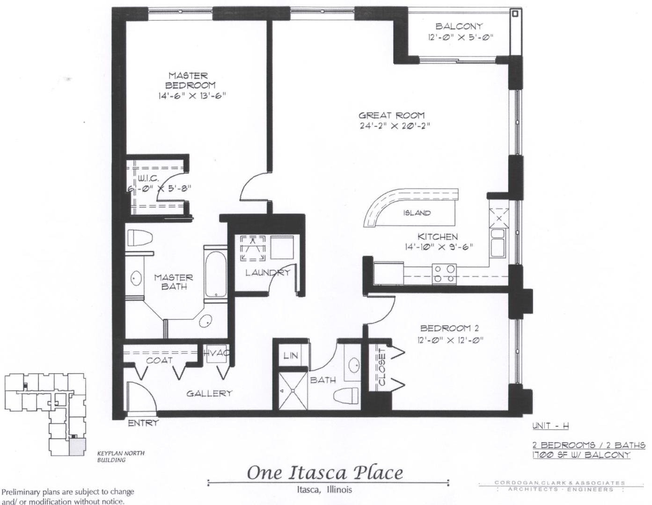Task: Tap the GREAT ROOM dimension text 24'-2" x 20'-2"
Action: (394, 126)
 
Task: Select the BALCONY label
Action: (459, 27)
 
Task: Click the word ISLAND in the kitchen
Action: (417, 213)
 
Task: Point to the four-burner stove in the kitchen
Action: (444, 274)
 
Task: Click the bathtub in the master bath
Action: (215, 271)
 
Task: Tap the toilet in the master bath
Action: (141, 238)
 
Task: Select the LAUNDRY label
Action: (267, 273)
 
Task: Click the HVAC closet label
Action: (216, 353)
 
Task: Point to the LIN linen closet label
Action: (291, 356)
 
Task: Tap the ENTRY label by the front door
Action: (143, 423)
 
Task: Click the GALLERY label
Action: (209, 393)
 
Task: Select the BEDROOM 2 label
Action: (449, 328)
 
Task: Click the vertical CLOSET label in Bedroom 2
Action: (381, 367)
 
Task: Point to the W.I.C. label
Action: (148, 179)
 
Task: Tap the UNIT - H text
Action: (550, 426)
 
